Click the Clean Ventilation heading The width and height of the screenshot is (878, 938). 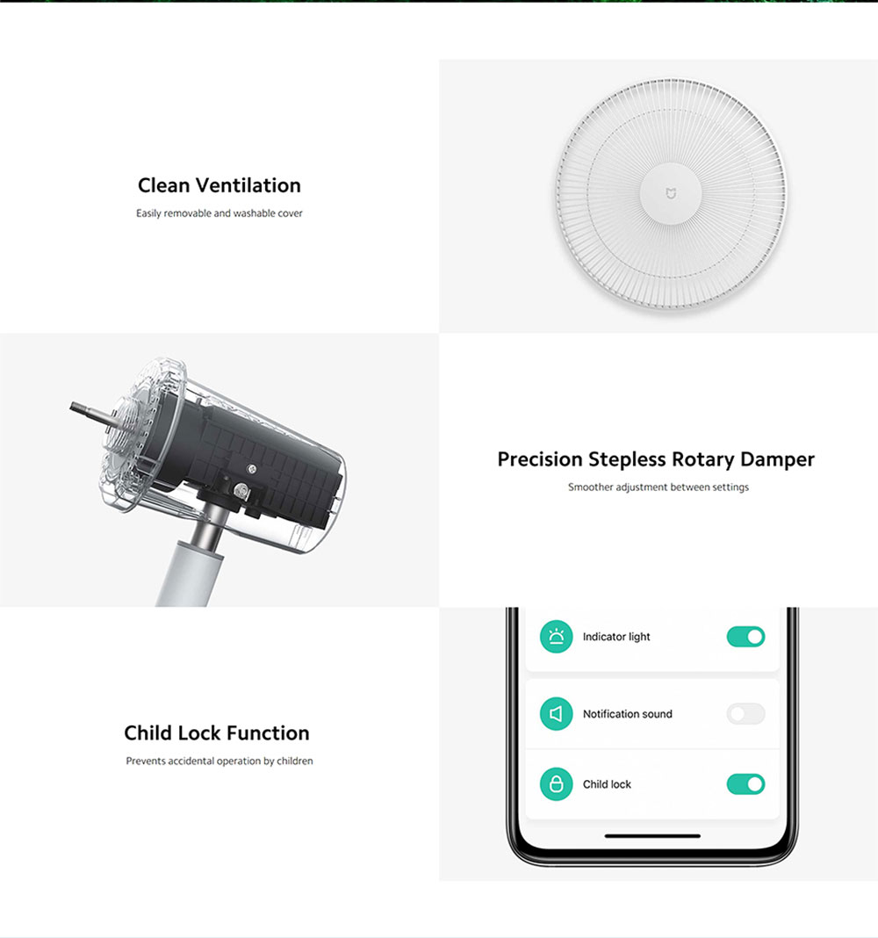point(219,185)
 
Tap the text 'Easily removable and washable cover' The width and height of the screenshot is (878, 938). point(219,213)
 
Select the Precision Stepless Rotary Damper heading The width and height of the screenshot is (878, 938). point(656,459)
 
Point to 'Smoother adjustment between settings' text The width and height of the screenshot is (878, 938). point(658,487)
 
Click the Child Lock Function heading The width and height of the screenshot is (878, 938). point(217,733)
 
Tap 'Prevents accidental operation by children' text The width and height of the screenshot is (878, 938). point(219,761)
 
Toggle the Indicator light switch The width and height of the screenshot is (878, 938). point(745,637)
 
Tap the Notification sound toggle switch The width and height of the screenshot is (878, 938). point(745,714)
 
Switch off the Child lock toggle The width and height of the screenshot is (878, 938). point(745,784)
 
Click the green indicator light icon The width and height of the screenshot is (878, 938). point(555,637)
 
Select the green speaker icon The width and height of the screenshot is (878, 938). point(555,714)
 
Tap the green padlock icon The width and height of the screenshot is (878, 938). point(555,784)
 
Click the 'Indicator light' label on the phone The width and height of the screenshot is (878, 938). point(616,637)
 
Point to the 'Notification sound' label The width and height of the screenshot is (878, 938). point(627,714)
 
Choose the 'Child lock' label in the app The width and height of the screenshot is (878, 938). point(607,784)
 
